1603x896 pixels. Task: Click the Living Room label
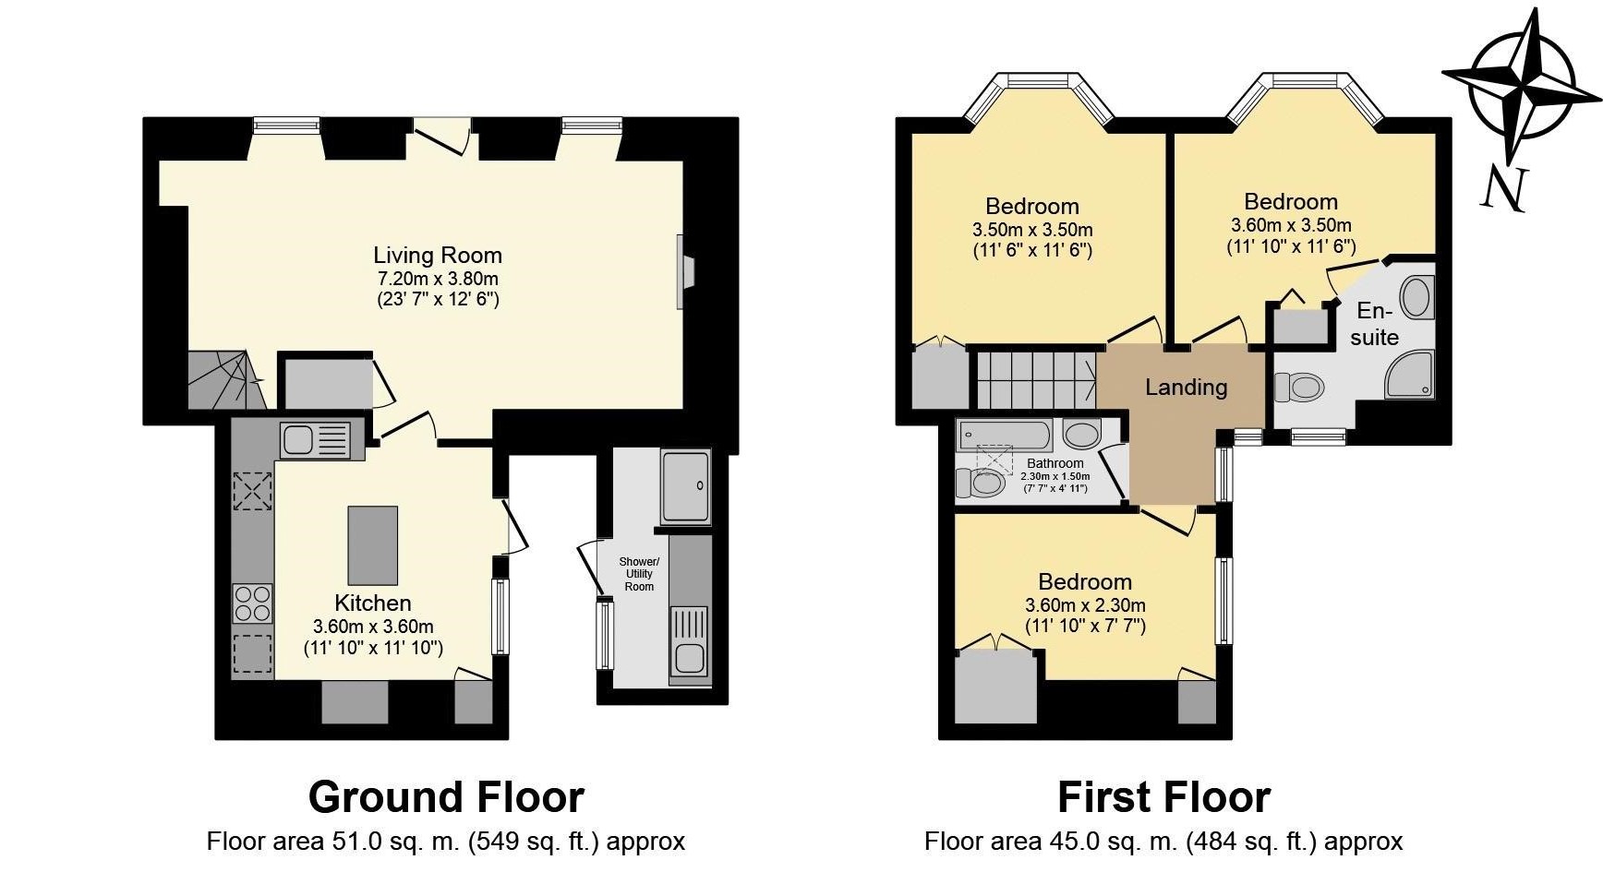point(438,256)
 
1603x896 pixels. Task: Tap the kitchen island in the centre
point(373,545)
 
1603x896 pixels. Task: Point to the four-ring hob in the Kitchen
point(252,603)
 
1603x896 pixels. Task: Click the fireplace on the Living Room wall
point(684,271)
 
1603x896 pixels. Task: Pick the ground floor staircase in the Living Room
point(225,380)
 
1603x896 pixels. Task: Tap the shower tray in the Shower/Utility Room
point(685,486)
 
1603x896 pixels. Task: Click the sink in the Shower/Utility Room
point(689,644)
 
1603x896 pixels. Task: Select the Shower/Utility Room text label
point(639,573)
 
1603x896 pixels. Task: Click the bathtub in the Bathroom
point(1005,434)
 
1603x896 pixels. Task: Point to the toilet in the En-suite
point(1300,387)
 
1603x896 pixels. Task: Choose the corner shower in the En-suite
point(1410,375)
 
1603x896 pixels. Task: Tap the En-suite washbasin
point(1416,297)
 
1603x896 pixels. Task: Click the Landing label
point(1186,387)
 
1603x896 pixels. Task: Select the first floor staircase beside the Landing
point(1036,378)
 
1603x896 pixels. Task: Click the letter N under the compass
point(1504,189)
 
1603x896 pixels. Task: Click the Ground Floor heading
point(446,797)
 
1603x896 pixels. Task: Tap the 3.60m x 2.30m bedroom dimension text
point(1085,605)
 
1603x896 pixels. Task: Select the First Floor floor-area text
point(1163,842)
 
